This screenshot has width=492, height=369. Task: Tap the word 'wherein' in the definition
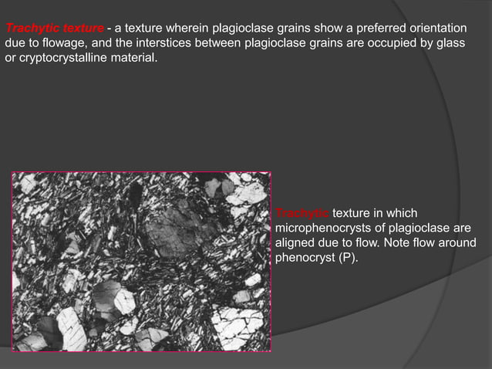(x=194, y=29)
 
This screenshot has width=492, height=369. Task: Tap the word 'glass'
(x=449, y=43)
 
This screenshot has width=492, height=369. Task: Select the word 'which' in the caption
(x=402, y=214)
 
